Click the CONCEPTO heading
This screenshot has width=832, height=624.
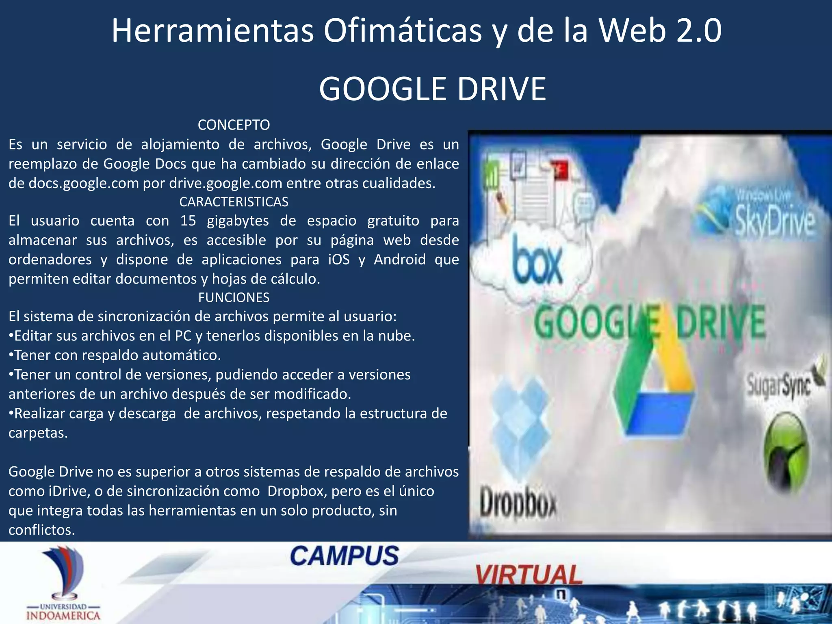(x=234, y=125)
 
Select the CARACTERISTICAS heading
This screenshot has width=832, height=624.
(x=234, y=202)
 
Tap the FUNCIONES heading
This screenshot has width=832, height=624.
(x=234, y=298)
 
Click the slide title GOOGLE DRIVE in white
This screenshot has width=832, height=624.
(x=432, y=89)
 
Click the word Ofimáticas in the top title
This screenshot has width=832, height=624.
(x=402, y=30)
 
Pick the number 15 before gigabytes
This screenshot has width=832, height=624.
(x=188, y=221)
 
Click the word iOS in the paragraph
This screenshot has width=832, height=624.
(x=339, y=260)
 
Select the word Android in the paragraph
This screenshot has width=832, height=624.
(x=399, y=260)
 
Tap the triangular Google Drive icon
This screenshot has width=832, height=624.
(x=654, y=390)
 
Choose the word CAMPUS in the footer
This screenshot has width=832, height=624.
(x=344, y=556)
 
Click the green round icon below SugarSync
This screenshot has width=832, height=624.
(x=786, y=453)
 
